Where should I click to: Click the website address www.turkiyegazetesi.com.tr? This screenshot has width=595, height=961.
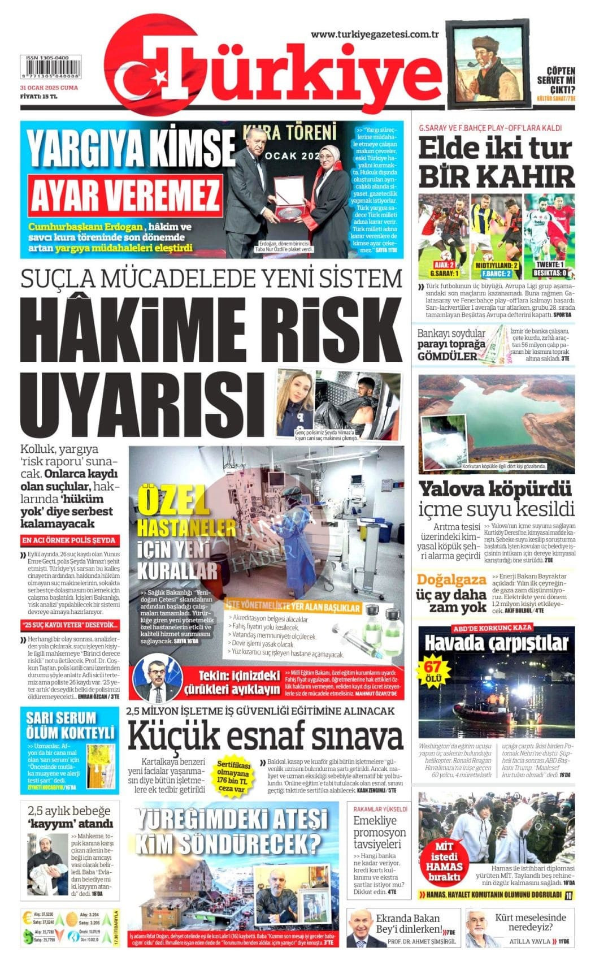pyautogui.click(x=375, y=34)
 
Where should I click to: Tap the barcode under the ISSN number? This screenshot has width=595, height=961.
pyautogui.click(x=49, y=72)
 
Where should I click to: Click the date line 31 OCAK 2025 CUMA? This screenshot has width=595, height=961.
pyautogui.click(x=49, y=88)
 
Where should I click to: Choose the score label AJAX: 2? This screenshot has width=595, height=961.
pyautogui.click(x=444, y=265)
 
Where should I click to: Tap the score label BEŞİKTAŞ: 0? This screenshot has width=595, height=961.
pyautogui.click(x=550, y=272)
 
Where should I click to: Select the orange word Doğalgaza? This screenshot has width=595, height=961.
pyautogui.click(x=451, y=579)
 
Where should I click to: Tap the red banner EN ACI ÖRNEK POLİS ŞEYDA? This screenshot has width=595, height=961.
pyautogui.click(x=70, y=540)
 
